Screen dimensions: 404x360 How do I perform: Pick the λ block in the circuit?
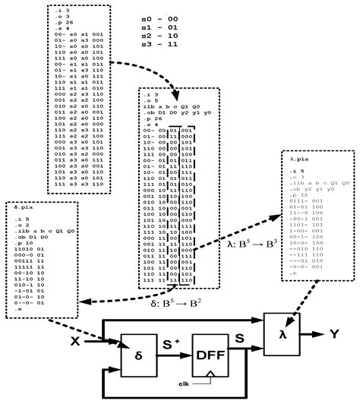pos(283,332)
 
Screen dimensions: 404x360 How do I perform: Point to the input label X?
pos(74,342)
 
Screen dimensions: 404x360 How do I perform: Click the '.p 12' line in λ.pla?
pos(298,194)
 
